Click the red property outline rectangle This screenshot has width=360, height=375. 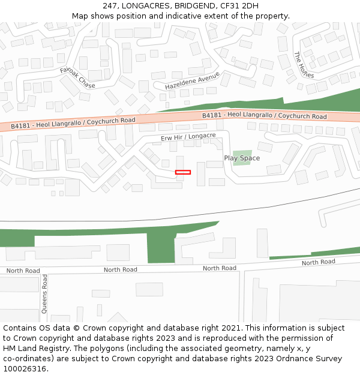(183, 172)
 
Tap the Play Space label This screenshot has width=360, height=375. (242, 158)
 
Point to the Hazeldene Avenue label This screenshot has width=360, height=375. (193, 81)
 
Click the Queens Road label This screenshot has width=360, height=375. (44, 294)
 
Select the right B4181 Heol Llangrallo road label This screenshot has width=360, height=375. (264, 115)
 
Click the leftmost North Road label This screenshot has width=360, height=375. (23, 271)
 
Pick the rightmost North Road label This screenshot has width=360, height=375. (319, 262)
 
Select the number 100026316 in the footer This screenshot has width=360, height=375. (24, 369)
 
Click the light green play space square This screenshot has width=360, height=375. (242, 158)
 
